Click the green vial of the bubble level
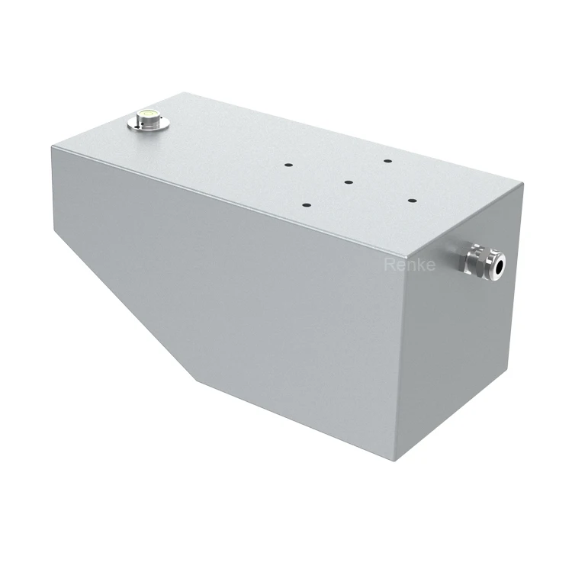149,114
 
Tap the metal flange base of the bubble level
149,124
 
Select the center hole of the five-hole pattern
349,182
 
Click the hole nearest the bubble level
288,165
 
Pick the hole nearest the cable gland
412,201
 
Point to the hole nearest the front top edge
307,205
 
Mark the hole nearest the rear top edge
387,161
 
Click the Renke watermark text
410,265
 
